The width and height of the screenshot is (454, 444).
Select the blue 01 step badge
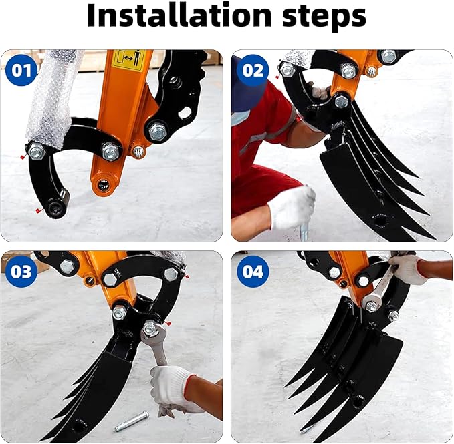point(22,70)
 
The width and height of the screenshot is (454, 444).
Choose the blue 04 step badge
point(252,272)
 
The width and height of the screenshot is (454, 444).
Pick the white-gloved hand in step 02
point(292,206)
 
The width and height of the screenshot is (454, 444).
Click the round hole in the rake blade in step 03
point(80,425)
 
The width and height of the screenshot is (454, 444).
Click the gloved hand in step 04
point(409,268)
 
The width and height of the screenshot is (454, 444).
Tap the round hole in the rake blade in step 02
point(380,221)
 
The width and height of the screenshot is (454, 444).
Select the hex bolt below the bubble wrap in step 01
point(37,152)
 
